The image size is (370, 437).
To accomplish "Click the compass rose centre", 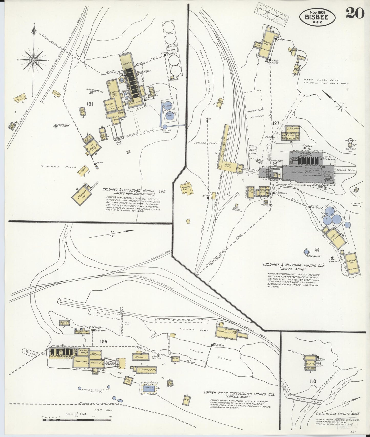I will (33, 60).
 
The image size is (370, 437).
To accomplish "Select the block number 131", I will (90, 104).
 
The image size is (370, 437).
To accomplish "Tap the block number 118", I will (313, 381).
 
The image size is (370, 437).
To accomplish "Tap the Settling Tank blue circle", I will (165, 127).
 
